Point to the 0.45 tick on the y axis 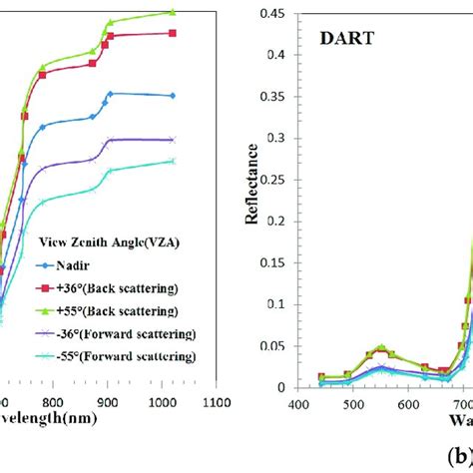click(x=274, y=14)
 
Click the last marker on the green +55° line click(x=173, y=12)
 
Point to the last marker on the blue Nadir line click(x=173, y=96)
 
